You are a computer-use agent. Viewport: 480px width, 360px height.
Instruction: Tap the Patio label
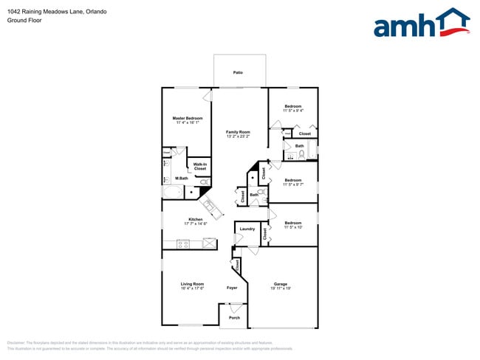(x=238, y=73)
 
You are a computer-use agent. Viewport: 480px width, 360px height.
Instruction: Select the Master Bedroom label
(x=188, y=118)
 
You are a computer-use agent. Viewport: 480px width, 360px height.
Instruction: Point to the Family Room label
(x=238, y=132)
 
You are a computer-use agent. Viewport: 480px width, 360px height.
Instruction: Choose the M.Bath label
(x=181, y=179)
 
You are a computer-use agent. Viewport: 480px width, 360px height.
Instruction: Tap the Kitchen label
(x=195, y=219)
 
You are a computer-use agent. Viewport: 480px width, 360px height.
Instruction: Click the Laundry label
(x=247, y=229)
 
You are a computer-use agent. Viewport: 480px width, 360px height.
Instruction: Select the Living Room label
(x=191, y=284)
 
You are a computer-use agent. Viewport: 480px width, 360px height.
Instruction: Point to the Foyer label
(x=232, y=288)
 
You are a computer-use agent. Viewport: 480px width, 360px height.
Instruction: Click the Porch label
(x=234, y=317)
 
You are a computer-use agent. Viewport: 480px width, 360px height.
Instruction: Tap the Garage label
(x=281, y=284)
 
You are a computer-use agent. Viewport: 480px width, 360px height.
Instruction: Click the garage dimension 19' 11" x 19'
(x=281, y=288)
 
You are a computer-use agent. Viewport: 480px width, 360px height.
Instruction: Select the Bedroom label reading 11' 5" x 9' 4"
(x=293, y=107)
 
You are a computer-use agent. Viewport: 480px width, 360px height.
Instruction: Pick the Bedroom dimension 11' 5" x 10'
(x=293, y=227)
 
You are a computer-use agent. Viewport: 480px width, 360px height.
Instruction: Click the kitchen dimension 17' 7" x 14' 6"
(x=195, y=224)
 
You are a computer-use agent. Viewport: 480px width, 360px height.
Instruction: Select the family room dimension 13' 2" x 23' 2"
(x=238, y=136)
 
